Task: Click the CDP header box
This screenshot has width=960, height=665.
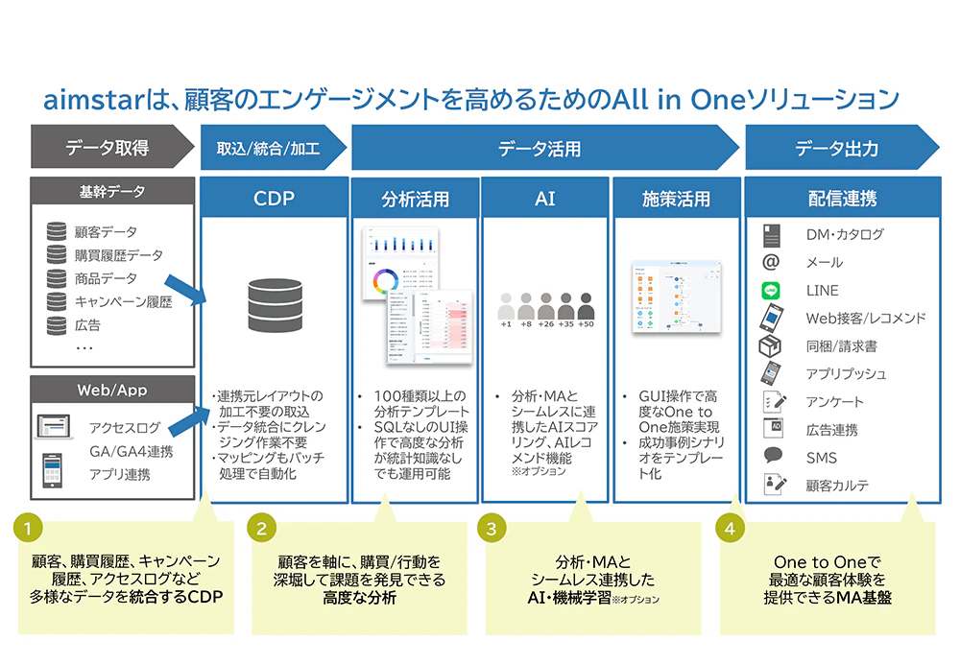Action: coord(272,200)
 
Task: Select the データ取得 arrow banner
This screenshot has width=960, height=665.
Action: coord(106,149)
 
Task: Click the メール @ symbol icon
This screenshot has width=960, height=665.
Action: coord(772,261)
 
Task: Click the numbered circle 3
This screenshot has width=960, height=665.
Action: coord(492,529)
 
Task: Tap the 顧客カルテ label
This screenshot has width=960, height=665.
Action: coord(837,486)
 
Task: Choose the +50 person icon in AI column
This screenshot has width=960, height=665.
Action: coord(587,309)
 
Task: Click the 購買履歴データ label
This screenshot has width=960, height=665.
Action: coord(118,255)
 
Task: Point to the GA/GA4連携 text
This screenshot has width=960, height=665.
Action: coord(131,451)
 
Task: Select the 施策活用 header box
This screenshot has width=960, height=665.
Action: coord(676,200)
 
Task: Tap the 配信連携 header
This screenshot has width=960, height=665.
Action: coord(841,200)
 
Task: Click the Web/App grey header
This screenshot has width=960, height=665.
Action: coord(112,391)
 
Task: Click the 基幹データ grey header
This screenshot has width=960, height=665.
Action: coord(112,192)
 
